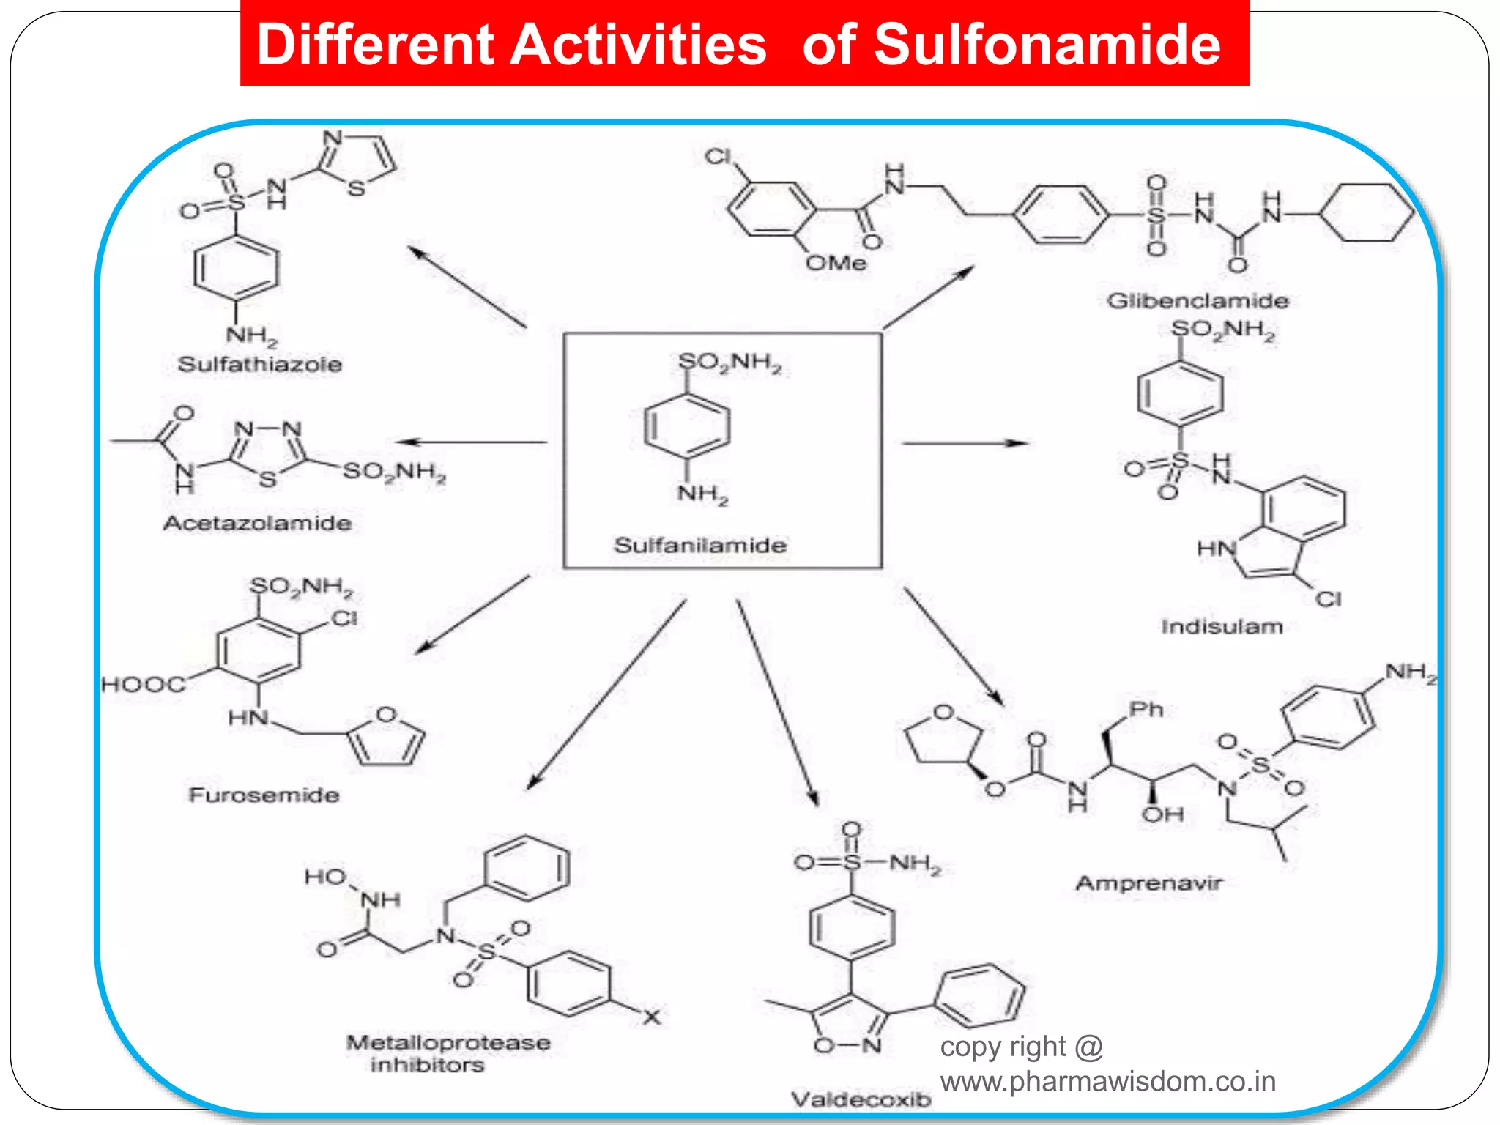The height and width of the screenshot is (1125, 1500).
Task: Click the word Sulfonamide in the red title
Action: click(x=1047, y=45)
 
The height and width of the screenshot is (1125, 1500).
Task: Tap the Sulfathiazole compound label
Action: click(x=260, y=364)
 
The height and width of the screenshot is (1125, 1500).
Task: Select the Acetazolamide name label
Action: click(x=257, y=523)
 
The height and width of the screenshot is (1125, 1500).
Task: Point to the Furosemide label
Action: click(x=264, y=795)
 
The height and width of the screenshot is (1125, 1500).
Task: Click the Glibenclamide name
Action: click(x=1198, y=300)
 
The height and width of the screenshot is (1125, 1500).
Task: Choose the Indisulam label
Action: click(x=1222, y=627)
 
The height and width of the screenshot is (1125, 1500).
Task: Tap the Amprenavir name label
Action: click(x=1148, y=883)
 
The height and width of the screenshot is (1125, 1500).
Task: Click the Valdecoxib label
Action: click(x=861, y=1099)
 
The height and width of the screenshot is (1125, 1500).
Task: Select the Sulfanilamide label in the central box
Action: click(x=700, y=545)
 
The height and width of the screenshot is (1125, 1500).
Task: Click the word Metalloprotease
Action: click(x=448, y=1042)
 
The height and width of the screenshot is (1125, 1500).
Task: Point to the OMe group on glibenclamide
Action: click(x=836, y=263)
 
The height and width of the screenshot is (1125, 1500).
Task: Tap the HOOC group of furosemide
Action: click(x=144, y=685)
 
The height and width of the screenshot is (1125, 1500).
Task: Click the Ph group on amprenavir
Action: click(x=1146, y=709)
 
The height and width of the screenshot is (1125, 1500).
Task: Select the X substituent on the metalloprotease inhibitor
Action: click(x=651, y=1017)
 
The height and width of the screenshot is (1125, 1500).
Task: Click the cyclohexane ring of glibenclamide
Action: click(x=1367, y=212)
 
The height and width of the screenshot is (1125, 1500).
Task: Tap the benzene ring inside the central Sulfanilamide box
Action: click(x=686, y=426)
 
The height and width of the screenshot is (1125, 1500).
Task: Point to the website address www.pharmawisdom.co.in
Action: click(x=1107, y=1082)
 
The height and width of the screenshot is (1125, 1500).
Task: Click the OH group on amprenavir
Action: click(x=1162, y=814)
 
